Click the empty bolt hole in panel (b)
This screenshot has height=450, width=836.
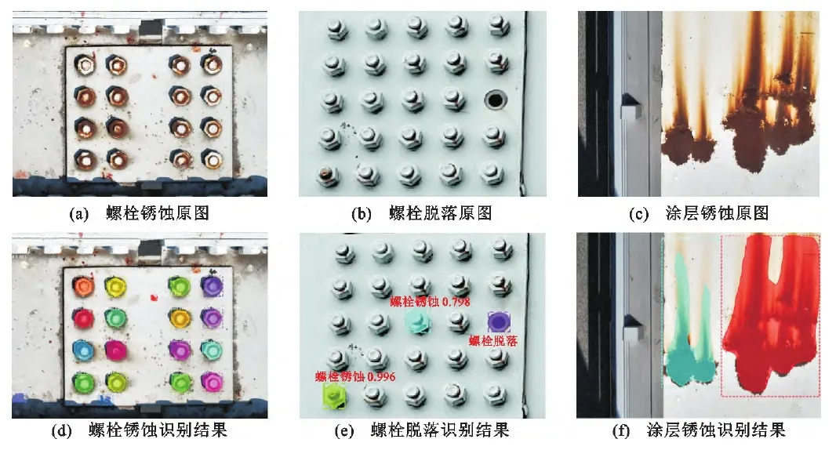[x=496, y=99]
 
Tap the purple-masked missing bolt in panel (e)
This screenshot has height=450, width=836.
[x=499, y=322]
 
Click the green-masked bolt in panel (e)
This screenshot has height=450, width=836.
[x=334, y=396]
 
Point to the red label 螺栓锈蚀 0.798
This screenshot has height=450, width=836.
[x=430, y=302]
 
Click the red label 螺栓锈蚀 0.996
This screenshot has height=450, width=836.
[x=355, y=376]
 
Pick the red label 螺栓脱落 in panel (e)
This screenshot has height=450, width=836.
[x=493, y=341]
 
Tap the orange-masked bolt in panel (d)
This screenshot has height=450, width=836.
[x=83, y=287]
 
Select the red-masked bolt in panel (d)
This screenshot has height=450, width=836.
[x=83, y=318]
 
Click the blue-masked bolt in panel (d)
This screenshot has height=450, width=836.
[x=83, y=350]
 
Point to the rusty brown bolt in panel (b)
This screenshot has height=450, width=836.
[x=325, y=174]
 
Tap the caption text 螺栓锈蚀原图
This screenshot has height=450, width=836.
[x=158, y=213]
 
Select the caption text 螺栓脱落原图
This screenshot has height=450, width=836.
[x=441, y=213]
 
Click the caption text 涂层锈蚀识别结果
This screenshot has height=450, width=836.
[x=716, y=430]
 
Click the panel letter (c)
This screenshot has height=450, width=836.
[x=638, y=214]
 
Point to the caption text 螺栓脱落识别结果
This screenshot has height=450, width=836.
[x=440, y=430]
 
